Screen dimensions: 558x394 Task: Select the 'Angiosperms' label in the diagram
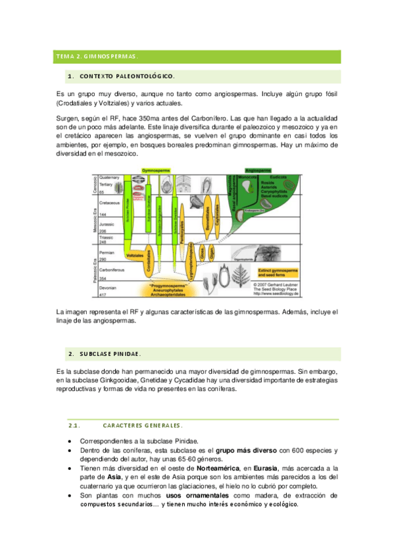pos(262,170)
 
